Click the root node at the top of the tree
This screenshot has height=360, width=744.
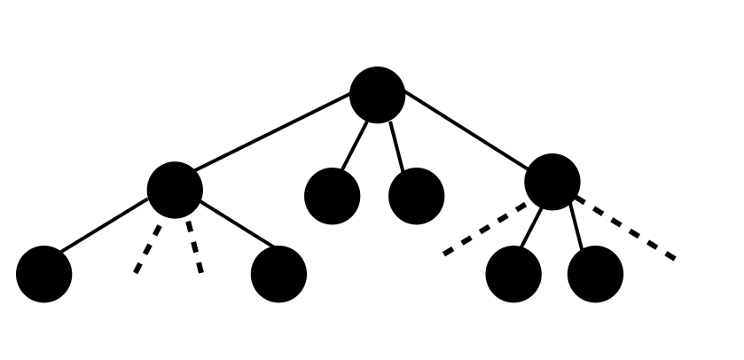(x=377, y=95)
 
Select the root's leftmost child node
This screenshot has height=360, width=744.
(x=175, y=190)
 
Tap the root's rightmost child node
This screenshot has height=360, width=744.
(x=552, y=182)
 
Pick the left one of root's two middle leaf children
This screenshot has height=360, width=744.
(x=332, y=196)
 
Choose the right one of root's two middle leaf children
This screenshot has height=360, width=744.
(x=416, y=196)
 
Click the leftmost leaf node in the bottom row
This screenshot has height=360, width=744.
(x=43, y=274)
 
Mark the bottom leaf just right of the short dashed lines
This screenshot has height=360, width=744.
(x=278, y=274)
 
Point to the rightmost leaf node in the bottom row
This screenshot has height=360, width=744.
(x=595, y=274)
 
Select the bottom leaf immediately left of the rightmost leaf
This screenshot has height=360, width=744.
(x=513, y=274)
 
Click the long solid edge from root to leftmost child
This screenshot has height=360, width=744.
(x=273, y=131)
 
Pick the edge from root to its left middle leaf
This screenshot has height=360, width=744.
(x=355, y=144)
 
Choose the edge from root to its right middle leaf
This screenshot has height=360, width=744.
(x=396, y=145)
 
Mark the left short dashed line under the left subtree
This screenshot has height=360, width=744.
(x=148, y=248)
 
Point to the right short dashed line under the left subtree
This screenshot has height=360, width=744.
(x=194, y=247)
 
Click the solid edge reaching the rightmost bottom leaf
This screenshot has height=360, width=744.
(x=577, y=226)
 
